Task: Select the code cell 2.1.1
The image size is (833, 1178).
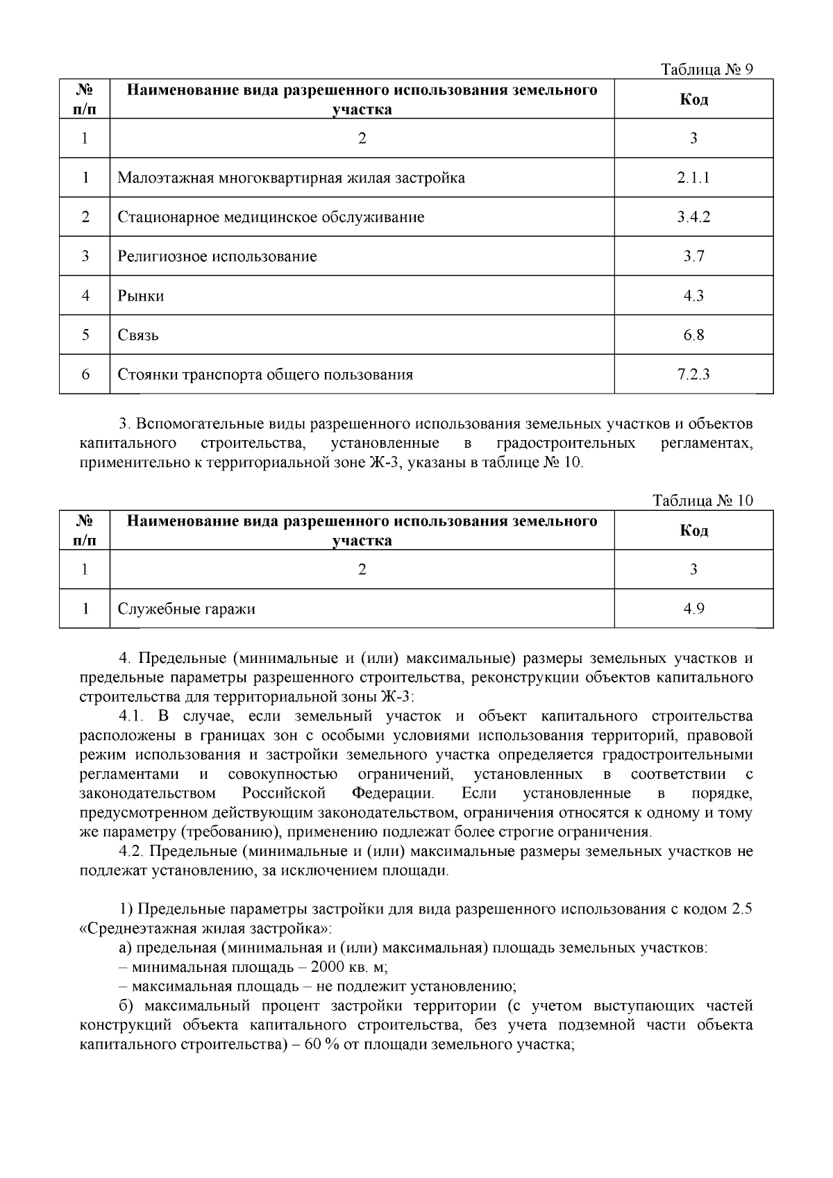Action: [x=693, y=178]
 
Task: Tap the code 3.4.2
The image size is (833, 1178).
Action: [x=693, y=217]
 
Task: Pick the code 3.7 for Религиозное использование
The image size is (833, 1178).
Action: [x=693, y=257]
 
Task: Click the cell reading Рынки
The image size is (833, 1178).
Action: [x=141, y=296]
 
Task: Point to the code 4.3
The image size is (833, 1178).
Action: [x=693, y=296]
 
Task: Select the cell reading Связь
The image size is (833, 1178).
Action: [x=138, y=336]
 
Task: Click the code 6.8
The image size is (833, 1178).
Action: [x=693, y=336]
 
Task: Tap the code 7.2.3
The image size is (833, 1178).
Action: [x=693, y=376]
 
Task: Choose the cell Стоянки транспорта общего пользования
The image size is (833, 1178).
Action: [x=265, y=376]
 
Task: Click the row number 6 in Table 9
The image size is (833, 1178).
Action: [x=85, y=376]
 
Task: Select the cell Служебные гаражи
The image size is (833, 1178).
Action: [x=186, y=609]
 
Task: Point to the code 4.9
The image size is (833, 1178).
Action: [x=693, y=609]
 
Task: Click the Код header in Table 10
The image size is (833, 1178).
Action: [x=693, y=531]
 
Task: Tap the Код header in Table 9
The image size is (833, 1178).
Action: [x=693, y=99]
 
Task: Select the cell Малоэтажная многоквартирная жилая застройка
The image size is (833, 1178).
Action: [x=291, y=178]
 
